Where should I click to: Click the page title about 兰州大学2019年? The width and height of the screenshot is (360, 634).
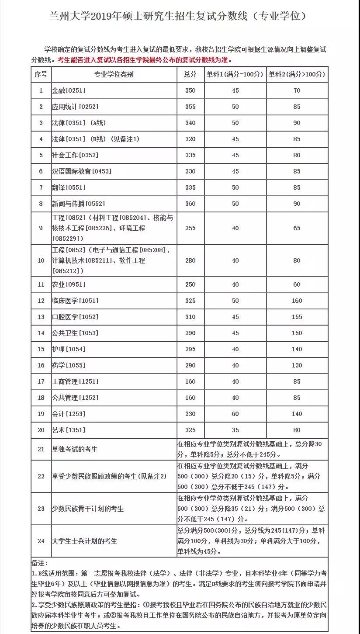pyautogui.click(x=179, y=16)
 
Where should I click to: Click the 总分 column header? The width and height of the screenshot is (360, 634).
pyautogui.click(x=190, y=74)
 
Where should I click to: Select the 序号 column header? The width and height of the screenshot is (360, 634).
pyautogui.click(x=41, y=74)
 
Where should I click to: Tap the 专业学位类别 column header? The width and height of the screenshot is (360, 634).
pyautogui.click(x=114, y=74)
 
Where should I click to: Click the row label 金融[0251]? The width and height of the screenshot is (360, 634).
pyautogui.click(x=68, y=91)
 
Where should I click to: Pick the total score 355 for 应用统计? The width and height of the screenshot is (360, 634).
pyautogui.click(x=190, y=107)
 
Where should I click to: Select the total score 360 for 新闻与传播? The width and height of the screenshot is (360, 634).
pyautogui.click(x=190, y=204)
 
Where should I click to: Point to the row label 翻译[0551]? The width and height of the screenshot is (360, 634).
pyautogui.click(x=68, y=187)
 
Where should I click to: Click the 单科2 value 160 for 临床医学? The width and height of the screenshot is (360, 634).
pyautogui.click(x=297, y=301)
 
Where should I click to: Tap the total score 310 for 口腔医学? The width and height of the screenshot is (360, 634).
pyautogui.click(x=190, y=317)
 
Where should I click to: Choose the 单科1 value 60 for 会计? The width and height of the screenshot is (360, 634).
pyautogui.click(x=235, y=414)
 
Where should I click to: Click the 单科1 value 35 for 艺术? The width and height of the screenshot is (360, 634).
pyautogui.click(x=235, y=430)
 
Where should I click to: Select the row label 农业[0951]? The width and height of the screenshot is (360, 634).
pyautogui.click(x=68, y=284)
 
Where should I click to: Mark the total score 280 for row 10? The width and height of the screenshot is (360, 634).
pyautogui.click(x=190, y=260)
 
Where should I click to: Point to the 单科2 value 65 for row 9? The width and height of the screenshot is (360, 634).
pyautogui.click(x=297, y=228)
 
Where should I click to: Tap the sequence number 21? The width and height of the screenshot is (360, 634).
pyautogui.click(x=41, y=449)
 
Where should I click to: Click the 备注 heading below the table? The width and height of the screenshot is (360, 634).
pyautogui.click(x=40, y=564)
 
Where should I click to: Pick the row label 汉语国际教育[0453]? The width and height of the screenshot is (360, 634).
pyautogui.click(x=81, y=171)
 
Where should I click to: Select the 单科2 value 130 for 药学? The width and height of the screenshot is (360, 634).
pyautogui.click(x=297, y=365)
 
